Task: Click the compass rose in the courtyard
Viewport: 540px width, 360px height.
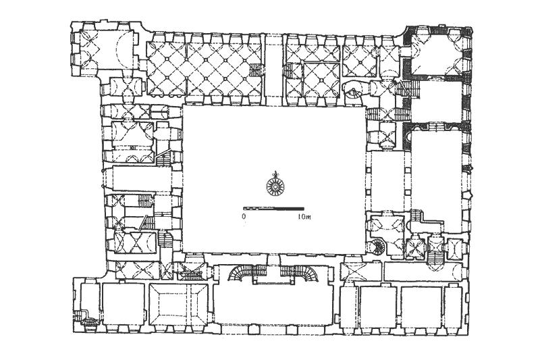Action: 275,185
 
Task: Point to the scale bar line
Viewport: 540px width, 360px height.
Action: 273,209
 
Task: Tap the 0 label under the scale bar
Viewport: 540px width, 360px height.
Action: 244,217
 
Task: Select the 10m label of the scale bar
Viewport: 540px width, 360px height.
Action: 304,217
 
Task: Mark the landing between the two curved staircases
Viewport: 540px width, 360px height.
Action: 273,280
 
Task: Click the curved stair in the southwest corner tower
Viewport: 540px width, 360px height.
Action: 89,320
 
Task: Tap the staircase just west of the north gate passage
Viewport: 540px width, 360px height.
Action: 256,70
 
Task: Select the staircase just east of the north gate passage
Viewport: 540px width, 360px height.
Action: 292,71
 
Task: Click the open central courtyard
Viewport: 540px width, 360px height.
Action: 274,179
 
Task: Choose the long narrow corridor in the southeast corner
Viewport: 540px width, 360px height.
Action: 424,272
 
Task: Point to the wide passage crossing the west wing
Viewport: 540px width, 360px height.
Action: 142,178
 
